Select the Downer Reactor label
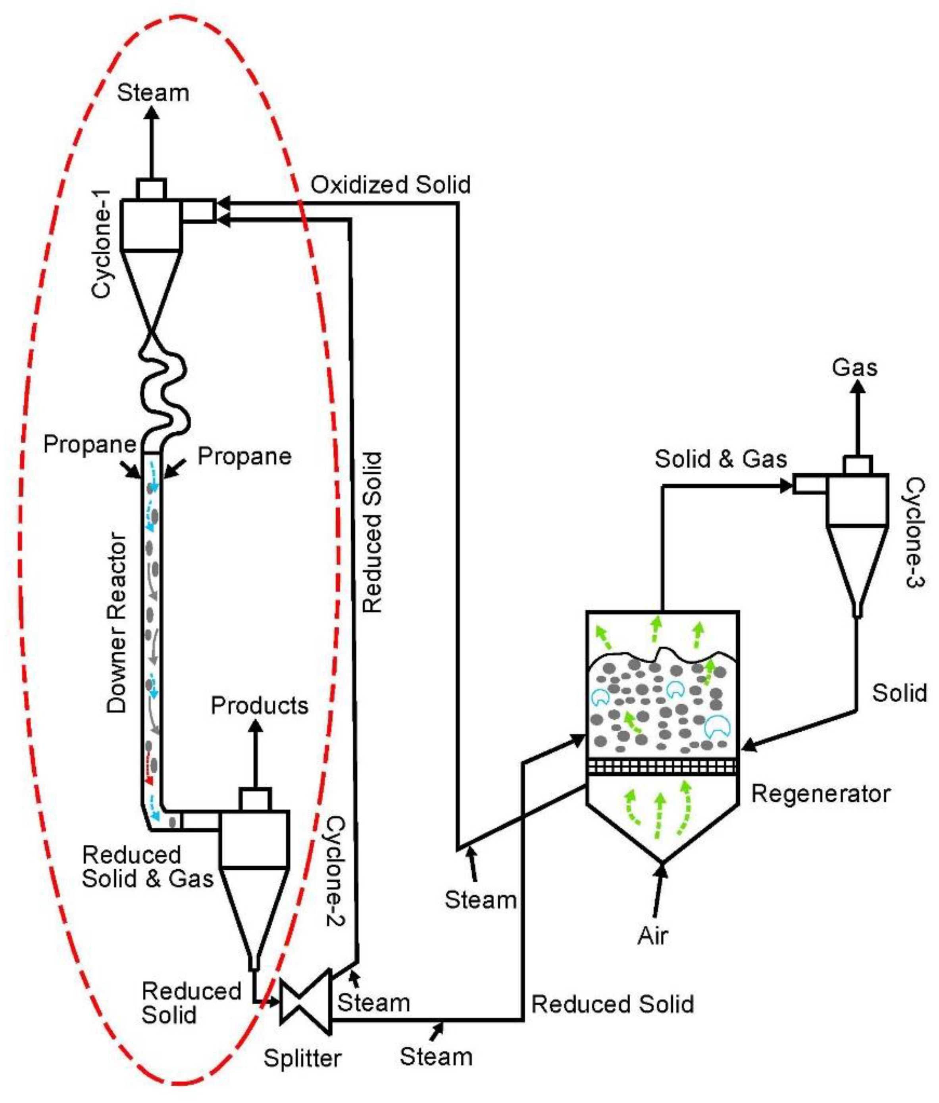pos(117,623)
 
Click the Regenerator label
pos(820,794)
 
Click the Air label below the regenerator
pos(652,936)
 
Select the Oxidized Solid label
pos(391,184)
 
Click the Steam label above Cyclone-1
pos(153,92)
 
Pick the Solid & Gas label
pos(720,459)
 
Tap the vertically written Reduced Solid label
pos(371,532)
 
